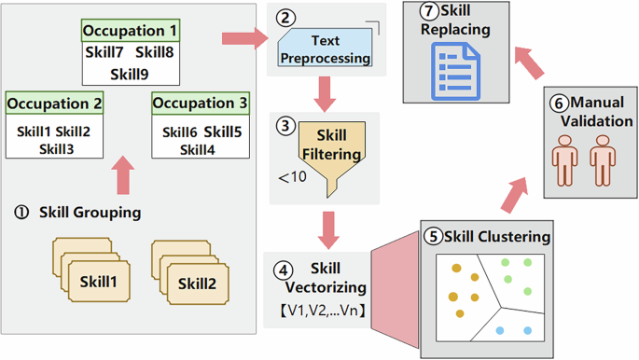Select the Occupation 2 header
(x=53, y=103)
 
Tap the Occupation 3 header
(x=200, y=103)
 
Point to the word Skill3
(x=54, y=149)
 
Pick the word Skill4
(x=199, y=149)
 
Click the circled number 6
(x=559, y=102)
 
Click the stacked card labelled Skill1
(x=98, y=280)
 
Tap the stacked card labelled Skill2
(x=197, y=280)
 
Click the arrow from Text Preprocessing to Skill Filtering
(x=325, y=93)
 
